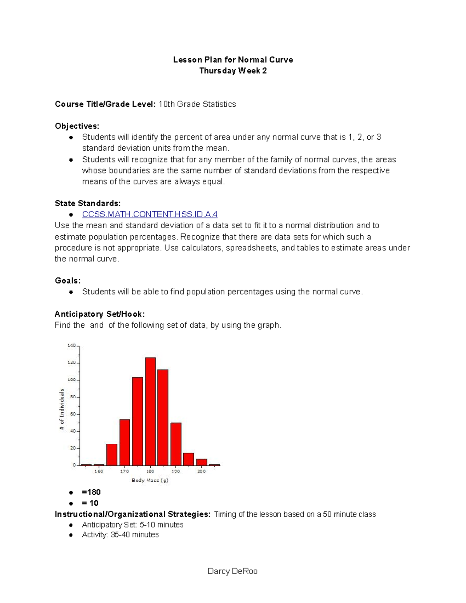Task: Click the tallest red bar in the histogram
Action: (150, 411)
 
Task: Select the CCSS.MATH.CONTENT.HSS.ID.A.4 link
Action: (150, 214)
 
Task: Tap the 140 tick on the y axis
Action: (72, 345)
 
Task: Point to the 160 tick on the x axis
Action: (99, 471)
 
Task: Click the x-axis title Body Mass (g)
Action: (150, 480)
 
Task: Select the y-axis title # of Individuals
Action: (62, 409)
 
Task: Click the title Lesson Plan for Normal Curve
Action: (233, 60)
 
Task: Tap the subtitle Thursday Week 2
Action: (233, 71)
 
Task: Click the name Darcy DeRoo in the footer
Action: (233, 571)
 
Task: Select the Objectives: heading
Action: (77, 126)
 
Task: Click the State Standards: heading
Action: (88, 203)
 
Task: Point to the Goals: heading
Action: (68, 281)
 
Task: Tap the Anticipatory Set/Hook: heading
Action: (100, 314)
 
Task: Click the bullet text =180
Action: (91, 492)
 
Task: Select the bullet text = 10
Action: (90, 503)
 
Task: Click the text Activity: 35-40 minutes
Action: (120, 535)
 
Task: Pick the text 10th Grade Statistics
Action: (197, 104)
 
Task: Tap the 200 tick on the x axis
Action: (201, 471)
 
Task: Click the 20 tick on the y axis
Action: (73, 448)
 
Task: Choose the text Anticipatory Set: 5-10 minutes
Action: (133, 525)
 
